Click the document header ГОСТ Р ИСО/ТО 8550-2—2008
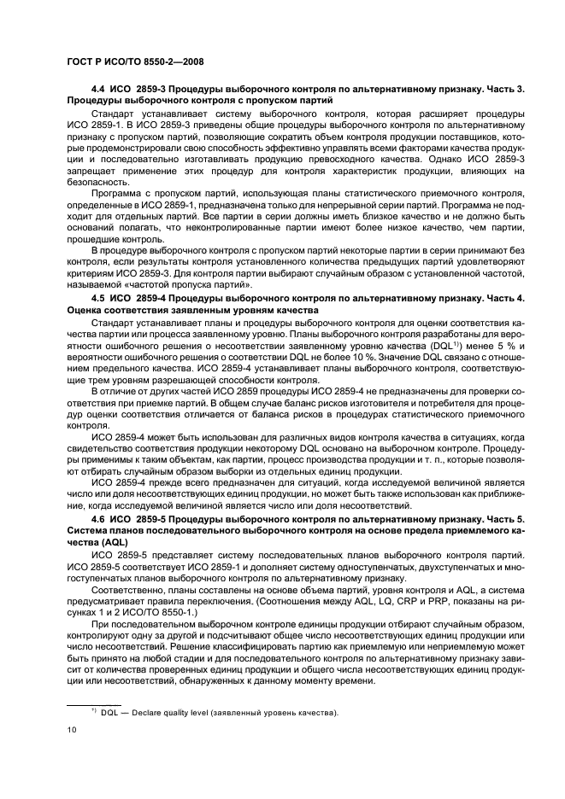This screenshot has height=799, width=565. click(133, 61)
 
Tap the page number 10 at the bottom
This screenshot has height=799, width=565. click(72, 729)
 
